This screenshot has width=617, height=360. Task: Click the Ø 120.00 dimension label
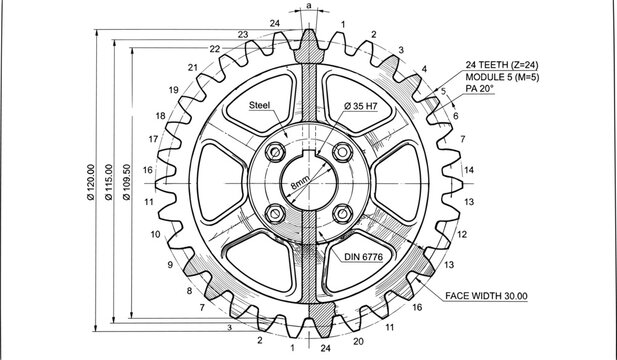92,183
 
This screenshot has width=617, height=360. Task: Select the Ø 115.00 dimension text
109,183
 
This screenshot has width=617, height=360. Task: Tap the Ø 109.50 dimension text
125,183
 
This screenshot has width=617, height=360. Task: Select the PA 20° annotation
480,89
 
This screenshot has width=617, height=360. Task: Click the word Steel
259,104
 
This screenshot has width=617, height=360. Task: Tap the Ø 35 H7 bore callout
360,105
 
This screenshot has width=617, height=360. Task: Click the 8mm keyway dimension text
300,184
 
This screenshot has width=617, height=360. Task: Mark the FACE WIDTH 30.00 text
486,296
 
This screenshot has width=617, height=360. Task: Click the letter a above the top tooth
308,6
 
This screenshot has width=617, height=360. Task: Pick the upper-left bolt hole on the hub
274,152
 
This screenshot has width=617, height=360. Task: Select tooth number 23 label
243,35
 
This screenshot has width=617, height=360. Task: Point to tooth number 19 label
174,91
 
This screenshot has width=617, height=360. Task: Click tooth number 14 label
469,170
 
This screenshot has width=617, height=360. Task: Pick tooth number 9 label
170,265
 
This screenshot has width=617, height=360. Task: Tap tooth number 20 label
358,341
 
